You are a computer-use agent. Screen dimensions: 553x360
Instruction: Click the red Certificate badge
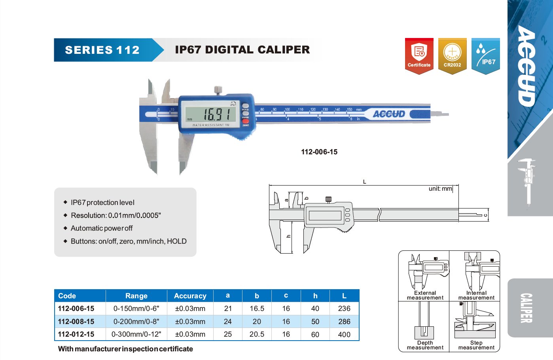point(419,56)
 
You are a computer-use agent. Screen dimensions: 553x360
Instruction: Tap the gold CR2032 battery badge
point(452,56)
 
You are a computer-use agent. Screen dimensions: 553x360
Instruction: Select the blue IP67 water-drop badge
point(486,56)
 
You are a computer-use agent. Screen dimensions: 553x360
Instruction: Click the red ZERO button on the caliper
point(245,121)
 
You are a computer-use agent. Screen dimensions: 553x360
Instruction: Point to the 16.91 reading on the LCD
point(216,114)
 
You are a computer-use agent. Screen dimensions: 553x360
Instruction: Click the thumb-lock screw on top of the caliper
point(218,90)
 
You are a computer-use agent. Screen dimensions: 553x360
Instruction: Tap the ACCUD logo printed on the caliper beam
point(389,114)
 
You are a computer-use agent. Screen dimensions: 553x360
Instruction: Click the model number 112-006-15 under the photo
point(319,152)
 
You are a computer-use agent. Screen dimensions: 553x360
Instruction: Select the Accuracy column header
point(190,296)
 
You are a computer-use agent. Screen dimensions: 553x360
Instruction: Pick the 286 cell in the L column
point(344,322)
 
